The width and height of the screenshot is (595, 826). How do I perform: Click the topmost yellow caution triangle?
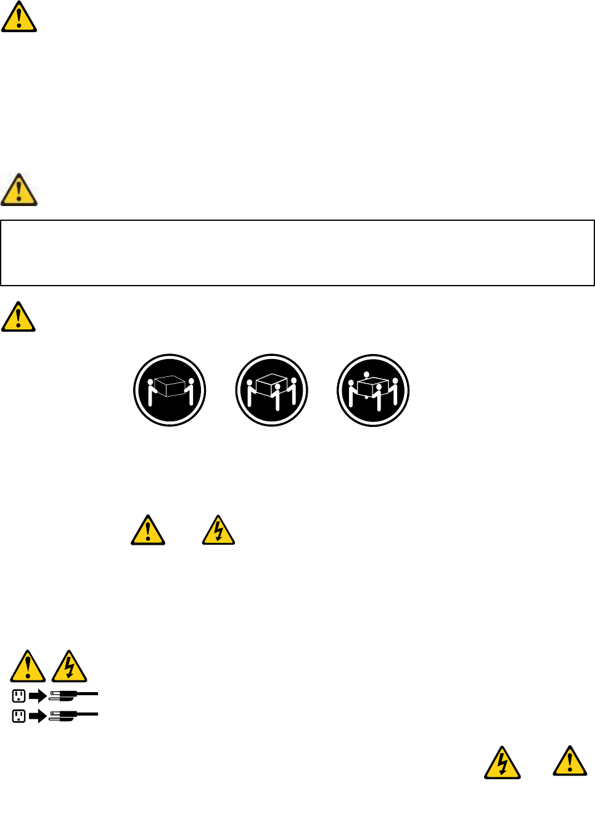(19, 18)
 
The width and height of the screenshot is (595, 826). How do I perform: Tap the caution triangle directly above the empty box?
(19, 191)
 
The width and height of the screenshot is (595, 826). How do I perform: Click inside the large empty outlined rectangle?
(297, 253)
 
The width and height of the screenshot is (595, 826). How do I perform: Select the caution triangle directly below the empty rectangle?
(18, 318)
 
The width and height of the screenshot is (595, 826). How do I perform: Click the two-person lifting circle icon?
(170, 390)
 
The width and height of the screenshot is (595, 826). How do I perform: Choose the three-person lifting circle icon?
(271, 390)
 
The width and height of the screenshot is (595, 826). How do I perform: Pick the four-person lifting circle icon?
(373, 390)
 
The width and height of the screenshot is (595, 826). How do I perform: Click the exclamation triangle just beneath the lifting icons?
(148, 531)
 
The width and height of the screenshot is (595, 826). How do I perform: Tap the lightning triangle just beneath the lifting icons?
(219, 531)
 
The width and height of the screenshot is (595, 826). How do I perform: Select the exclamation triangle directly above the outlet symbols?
(28, 667)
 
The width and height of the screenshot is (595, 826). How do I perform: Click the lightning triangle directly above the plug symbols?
(69, 667)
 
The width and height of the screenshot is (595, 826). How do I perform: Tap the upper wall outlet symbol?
(19, 696)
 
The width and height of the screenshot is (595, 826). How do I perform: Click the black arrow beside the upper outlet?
(38, 696)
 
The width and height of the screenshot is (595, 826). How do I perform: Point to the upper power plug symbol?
(73, 695)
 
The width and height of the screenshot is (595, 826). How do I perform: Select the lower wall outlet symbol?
(19, 716)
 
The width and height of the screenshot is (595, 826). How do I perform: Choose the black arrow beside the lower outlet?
(38, 716)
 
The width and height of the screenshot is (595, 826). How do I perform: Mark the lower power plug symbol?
(73, 716)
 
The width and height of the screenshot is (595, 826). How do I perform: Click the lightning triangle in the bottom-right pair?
(503, 764)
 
